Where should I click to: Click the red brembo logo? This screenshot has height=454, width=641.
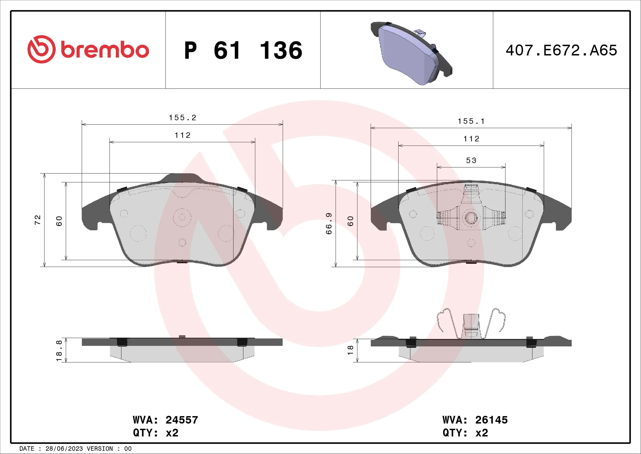coord(88,50)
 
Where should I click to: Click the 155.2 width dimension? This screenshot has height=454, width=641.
coord(182,118)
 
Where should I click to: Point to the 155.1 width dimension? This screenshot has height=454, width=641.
coord(471,121)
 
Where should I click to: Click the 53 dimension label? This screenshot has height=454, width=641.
coord(471,161)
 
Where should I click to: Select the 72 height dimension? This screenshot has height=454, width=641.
coord(38,220)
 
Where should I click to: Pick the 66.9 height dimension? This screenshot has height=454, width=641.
coord(329,223)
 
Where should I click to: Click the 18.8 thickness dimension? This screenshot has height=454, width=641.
coord(59,351)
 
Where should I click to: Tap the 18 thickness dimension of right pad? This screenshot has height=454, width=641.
coord(350,350)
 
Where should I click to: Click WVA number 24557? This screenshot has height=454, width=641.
coord(181,420)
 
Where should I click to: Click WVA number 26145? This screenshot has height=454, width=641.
coord(491,420)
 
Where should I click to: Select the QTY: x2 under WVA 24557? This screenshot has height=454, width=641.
coord(155,433)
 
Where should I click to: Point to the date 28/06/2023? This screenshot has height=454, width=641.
coord(64,449)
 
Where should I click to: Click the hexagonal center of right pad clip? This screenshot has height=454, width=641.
coord(471,218)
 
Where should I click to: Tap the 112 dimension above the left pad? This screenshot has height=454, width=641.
coord(182,135)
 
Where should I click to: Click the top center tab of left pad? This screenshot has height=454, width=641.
coord(182,178)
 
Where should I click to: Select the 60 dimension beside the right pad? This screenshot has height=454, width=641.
coord(351,221)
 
